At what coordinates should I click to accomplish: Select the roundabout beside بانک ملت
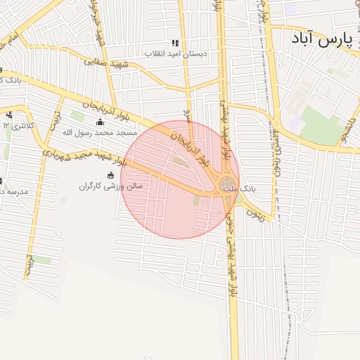pyautogui.click(x=229, y=186)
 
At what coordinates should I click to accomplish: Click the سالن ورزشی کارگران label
pyautogui.click(x=110, y=187)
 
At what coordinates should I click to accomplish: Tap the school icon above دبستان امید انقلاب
pyautogui.click(x=175, y=43)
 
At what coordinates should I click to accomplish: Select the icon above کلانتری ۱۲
pyautogui.click(x=10, y=113)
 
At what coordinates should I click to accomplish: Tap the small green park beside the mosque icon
pyautogui.click(x=77, y=115)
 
